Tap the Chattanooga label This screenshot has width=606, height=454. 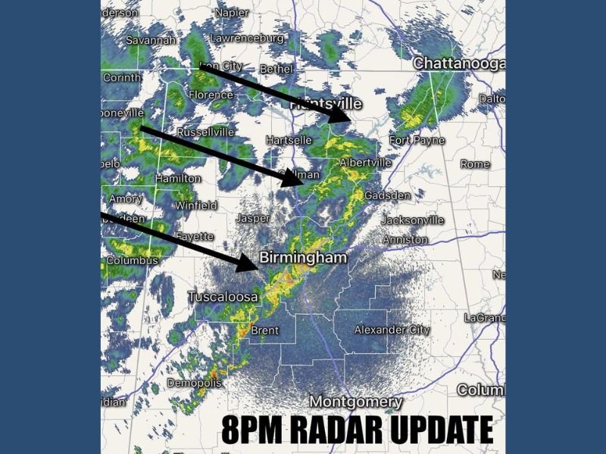[458, 64]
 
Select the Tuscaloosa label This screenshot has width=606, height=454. [223, 296]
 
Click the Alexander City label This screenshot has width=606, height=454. [392, 330]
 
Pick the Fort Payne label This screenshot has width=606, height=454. [414, 141]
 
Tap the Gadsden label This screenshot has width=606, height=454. [387, 195]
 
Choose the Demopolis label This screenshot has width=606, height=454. [195, 383]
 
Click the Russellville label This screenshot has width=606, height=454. [205, 132]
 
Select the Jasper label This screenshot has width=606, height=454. [253, 218]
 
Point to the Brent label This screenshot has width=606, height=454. [264, 331]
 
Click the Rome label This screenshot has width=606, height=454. [475, 164]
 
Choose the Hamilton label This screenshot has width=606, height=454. [178, 179]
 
